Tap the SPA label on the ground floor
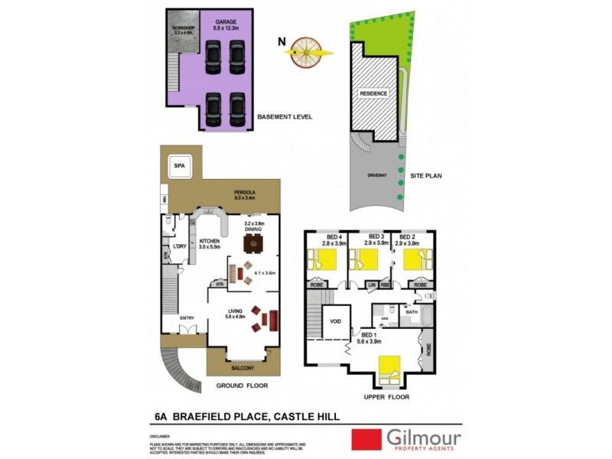tap(180, 165)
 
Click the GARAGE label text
tap(225, 23)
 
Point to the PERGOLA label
tap(244, 193)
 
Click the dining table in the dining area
tap(253, 244)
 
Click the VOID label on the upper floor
tap(335, 322)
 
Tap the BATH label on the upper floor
tap(412, 312)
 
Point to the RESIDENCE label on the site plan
tap(374, 93)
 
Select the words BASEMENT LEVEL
tap(285, 118)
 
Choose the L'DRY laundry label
tap(181, 246)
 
